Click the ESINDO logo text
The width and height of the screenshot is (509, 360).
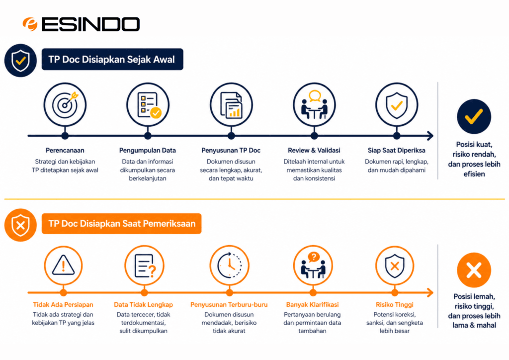91,24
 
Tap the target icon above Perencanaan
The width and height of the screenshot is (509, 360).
65,104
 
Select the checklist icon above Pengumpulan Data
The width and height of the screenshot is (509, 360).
148,104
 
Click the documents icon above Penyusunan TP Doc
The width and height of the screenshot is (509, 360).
231,104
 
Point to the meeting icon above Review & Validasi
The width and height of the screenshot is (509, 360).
314,104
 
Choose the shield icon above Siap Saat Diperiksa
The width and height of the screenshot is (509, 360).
397,104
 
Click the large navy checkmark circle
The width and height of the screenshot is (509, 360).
474,116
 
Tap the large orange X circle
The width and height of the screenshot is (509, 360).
474,270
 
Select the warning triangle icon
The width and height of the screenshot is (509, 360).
63,265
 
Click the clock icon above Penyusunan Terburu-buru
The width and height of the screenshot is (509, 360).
230,265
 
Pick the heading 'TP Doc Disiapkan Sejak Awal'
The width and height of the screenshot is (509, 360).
112,59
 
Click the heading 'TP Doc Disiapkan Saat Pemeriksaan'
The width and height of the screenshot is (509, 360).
122,224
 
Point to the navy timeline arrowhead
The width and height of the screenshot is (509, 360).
430,136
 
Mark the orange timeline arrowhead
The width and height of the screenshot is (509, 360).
430,292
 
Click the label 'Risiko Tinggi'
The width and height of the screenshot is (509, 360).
394,304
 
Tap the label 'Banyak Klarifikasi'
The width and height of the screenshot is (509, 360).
312,304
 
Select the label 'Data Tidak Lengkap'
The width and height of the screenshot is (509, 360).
144,304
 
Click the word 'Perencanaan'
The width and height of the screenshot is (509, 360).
65,150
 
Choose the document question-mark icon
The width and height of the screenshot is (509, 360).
145,265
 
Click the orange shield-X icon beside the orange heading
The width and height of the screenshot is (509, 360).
20,225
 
